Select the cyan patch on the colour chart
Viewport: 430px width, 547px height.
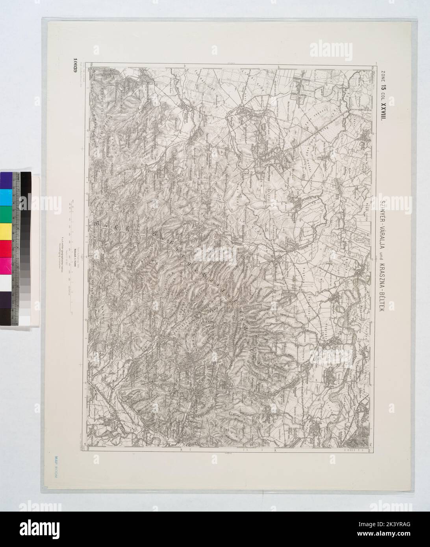coord(6,196)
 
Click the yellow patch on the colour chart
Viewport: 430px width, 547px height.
coord(6,230)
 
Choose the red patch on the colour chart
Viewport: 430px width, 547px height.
coord(6,247)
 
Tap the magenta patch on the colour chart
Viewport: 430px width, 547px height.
coord(6,264)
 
